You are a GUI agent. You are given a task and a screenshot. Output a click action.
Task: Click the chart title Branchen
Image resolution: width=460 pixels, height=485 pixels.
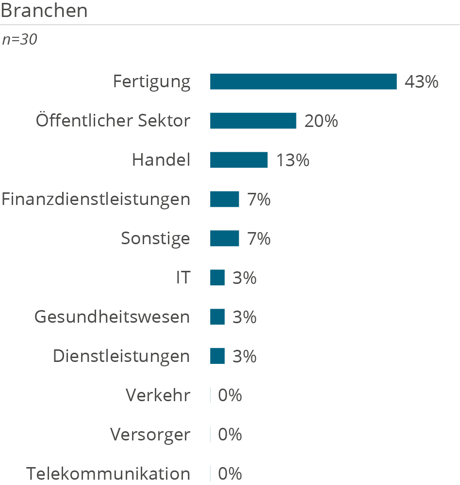[x=44, y=11]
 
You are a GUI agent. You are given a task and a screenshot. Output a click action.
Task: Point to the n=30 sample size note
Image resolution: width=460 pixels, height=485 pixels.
[x=19, y=40]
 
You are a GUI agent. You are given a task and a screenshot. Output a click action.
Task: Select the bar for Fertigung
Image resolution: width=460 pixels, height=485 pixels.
[x=303, y=82]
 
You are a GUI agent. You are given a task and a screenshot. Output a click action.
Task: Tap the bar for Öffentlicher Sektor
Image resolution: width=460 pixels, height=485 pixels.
[x=253, y=121]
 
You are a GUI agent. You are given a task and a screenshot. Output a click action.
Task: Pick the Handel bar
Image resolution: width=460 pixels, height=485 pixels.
[x=239, y=160]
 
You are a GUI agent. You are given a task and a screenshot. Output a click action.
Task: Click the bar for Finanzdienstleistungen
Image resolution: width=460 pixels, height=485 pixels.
[x=224, y=199]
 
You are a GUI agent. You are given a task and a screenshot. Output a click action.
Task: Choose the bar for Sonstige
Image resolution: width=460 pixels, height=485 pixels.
[x=224, y=238]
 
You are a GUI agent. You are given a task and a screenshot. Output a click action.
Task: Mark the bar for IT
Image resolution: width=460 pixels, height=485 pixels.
[x=217, y=278]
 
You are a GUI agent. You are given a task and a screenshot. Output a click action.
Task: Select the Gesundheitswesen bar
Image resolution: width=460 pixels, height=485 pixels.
[x=217, y=317]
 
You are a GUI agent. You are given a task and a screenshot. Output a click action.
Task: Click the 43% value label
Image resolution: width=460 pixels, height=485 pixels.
[x=421, y=82]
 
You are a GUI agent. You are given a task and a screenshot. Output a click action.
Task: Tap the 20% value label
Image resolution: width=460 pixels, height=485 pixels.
[x=321, y=121]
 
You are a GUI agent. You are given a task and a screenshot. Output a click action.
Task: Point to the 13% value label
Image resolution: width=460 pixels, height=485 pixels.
[x=293, y=160]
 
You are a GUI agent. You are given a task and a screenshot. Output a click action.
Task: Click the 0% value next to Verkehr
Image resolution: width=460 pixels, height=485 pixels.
[x=230, y=395]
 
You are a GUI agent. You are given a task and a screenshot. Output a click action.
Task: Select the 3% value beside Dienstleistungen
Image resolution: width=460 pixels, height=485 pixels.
[x=244, y=356]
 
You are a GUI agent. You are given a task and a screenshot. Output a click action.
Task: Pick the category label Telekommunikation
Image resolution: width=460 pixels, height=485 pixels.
[x=108, y=473]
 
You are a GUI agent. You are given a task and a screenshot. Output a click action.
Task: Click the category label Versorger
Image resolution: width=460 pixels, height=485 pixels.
[x=150, y=435]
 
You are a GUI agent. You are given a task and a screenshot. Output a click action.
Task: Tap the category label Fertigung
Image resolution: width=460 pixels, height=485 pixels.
[x=152, y=81]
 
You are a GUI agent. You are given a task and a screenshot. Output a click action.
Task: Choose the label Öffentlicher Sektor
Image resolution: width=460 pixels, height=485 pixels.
[x=113, y=120]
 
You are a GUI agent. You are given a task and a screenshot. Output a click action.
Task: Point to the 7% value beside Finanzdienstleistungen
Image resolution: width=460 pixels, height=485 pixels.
[x=259, y=199]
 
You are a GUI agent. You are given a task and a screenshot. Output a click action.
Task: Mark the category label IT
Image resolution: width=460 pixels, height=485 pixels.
[x=183, y=278]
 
